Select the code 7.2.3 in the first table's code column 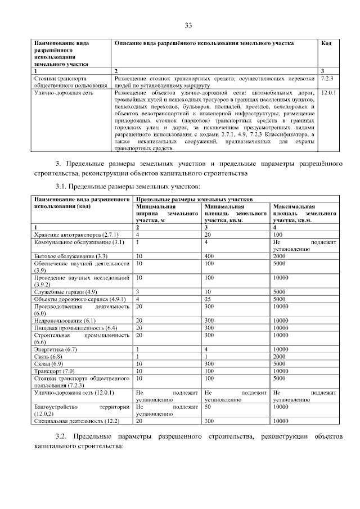click(x=327, y=78)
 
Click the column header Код click(x=326, y=43)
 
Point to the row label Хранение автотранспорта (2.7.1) click(x=76, y=233)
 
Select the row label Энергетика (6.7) click(x=56, y=349)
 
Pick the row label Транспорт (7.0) click(x=54, y=371)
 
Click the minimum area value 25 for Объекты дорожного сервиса click(x=208, y=299)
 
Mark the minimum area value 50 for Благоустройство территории click(x=208, y=406)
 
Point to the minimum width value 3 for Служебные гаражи click(x=137, y=292)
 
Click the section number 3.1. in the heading click(x=63, y=186)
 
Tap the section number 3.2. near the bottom click(x=63, y=436)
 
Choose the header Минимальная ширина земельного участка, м click(x=167, y=214)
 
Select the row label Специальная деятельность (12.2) click(x=76, y=420)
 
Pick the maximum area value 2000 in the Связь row click(x=280, y=357)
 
